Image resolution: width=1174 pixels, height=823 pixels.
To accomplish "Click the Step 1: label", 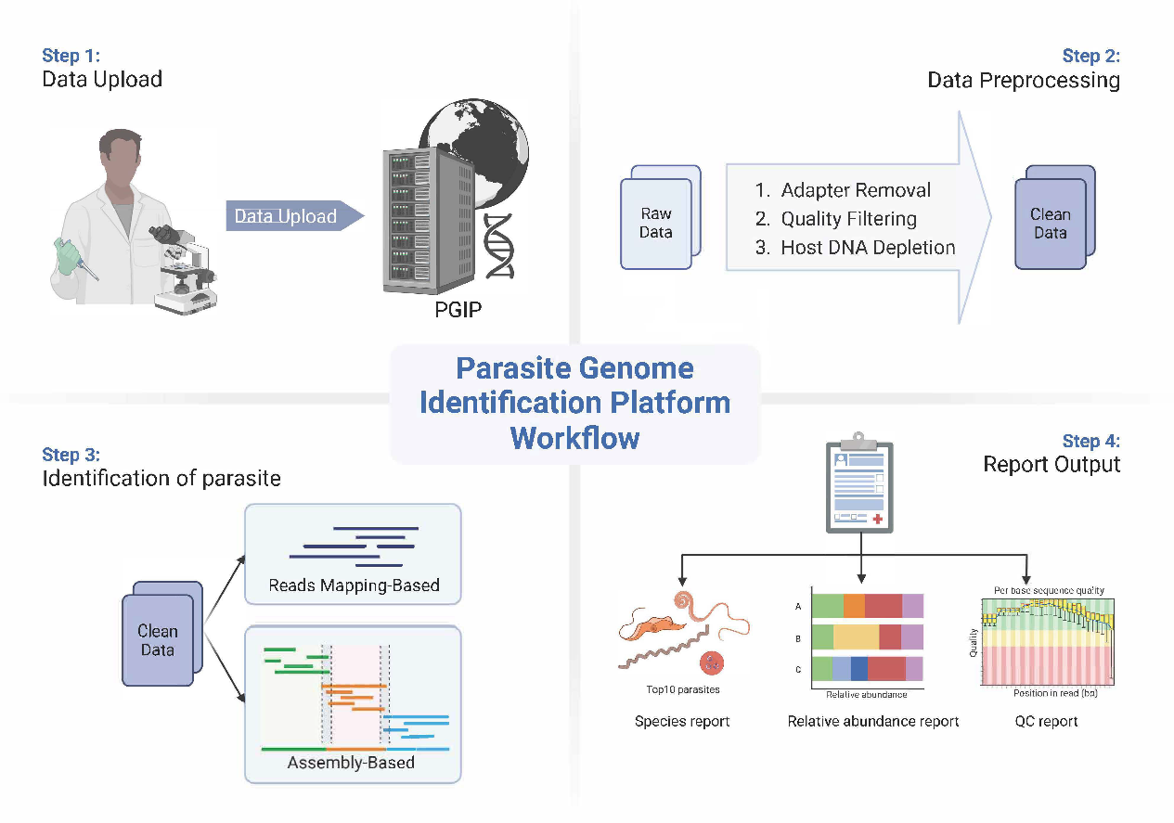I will click(71, 56).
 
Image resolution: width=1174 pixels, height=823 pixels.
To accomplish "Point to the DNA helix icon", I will click(498, 245).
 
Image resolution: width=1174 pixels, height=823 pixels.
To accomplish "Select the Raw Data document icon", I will click(657, 223).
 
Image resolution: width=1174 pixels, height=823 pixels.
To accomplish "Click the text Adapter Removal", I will click(855, 191).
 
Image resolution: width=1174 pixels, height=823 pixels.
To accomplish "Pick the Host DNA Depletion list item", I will click(867, 248).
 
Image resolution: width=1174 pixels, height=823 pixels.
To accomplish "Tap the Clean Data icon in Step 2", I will click(1051, 223).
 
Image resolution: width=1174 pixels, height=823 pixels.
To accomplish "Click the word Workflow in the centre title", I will click(574, 437).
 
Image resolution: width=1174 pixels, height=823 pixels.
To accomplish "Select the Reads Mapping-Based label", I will click(354, 585).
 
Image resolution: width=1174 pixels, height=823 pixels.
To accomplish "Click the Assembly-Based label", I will click(351, 763).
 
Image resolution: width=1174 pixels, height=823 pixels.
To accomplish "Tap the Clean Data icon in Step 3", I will click(159, 639).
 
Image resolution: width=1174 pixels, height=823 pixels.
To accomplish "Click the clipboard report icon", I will click(860, 484).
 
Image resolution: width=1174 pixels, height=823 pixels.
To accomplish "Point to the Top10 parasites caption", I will click(683, 689).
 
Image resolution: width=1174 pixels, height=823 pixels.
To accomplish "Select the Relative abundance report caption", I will click(873, 721).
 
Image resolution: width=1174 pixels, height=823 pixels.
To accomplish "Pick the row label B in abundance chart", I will click(798, 637).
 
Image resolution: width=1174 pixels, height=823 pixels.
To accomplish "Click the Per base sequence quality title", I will click(1049, 590).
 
